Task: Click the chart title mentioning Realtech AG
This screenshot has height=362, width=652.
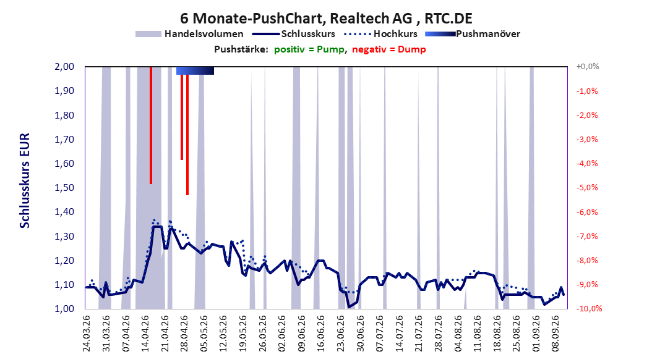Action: point(326,19)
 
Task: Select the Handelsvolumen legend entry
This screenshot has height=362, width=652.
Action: point(189,34)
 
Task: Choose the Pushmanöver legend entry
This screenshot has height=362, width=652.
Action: point(473,34)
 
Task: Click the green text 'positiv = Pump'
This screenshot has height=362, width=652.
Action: point(309,49)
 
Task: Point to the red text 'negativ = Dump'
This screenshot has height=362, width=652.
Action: point(389,49)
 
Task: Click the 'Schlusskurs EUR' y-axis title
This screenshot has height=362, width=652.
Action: point(25,180)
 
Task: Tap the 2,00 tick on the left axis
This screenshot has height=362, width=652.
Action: point(64,67)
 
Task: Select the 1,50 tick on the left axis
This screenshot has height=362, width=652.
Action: point(64,188)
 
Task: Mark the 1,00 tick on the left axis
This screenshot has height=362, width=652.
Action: point(64,309)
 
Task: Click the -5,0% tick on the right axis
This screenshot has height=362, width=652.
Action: point(587,188)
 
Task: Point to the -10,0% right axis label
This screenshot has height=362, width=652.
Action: point(589,309)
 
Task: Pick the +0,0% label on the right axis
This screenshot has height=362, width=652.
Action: point(588,67)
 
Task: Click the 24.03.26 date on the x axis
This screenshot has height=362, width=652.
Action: point(86,334)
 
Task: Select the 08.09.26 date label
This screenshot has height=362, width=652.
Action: point(555,334)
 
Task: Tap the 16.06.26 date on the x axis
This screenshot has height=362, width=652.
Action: point(320,334)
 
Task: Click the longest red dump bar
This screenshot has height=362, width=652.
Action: point(187,131)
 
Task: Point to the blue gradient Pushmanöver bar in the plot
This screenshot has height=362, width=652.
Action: point(195,70)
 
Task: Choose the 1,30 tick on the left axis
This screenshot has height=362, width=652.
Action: point(64,236)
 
